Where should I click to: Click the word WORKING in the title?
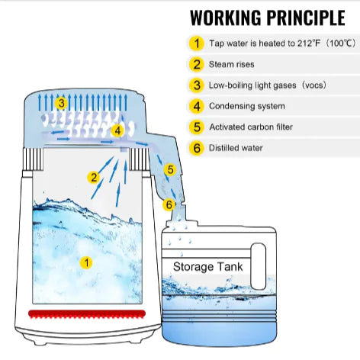(x=227, y=18)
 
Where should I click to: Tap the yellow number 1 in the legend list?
(x=197, y=43)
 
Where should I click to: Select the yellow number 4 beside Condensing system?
(x=197, y=106)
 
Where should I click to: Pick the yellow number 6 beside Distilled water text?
(x=197, y=148)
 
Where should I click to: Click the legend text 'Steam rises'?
(x=232, y=64)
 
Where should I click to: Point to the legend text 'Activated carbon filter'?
(x=251, y=127)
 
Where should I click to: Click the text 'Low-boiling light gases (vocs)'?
(x=268, y=85)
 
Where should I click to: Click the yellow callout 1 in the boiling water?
(x=86, y=262)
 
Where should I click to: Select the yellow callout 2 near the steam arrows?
(x=94, y=177)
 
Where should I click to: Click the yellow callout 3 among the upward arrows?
(x=62, y=103)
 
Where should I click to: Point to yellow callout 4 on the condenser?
(x=117, y=130)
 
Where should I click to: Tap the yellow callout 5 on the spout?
(x=170, y=169)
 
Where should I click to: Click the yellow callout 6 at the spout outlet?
(x=169, y=204)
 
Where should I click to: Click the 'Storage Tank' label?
(x=208, y=267)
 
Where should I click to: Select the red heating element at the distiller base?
(x=87, y=314)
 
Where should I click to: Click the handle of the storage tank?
(x=259, y=266)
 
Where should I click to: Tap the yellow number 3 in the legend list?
(x=197, y=85)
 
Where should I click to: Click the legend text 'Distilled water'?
(x=236, y=148)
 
